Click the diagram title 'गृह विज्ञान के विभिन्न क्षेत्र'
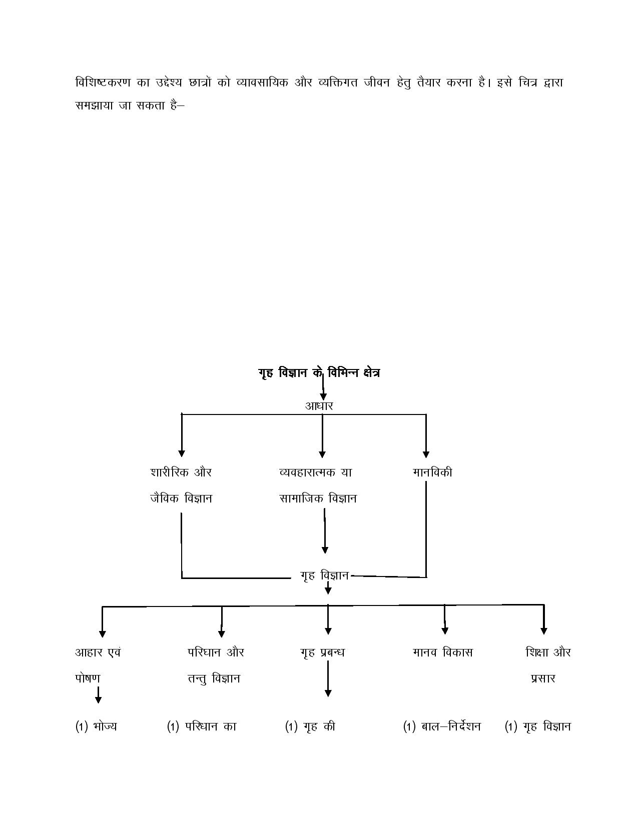(x=319, y=373)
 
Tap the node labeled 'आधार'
(x=319, y=406)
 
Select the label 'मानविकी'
(x=432, y=472)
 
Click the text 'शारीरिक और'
(x=181, y=472)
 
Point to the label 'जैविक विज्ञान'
(x=181, y=498)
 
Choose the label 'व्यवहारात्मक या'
(x=316, y=472)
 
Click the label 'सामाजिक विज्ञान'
(x=318, y=498)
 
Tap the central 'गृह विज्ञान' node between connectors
(x=325, y=575)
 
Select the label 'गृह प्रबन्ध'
(x=322, y=652)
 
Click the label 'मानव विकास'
(x=443, y=652)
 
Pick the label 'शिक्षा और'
(x=548, y=652)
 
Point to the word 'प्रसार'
(x=543, y=678)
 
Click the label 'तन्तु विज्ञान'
(x=214, y=678)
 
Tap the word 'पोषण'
(x=88, y=678)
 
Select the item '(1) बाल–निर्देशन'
(x=442, y=726)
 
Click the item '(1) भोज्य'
(x=96, y=726)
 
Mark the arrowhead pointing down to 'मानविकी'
(x=426, y=454)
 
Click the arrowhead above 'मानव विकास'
(x=445, y=630)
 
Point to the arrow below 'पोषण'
(x=98, y=694)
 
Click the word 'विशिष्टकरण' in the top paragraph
(x=103, y=82)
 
